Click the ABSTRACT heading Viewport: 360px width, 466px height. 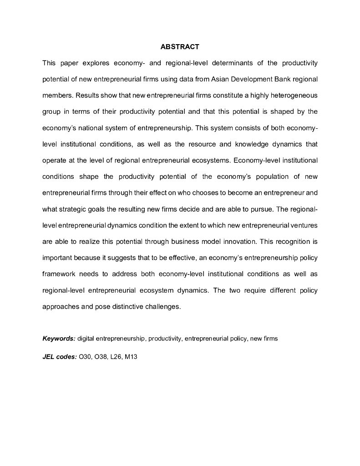(x=180, y=47)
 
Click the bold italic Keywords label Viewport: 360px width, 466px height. (x=59, y=339)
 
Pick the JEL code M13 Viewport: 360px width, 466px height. (x=131, y=357)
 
